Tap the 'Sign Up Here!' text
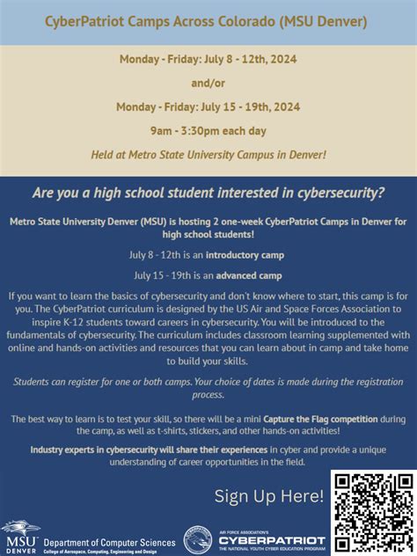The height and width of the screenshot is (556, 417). [269, 496]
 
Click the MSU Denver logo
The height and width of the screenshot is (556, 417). [20, 535]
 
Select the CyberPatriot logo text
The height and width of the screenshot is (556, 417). [272, 539]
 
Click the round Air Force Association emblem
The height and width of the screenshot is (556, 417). [197, 538]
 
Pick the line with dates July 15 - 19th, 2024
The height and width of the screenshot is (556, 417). [208, 107]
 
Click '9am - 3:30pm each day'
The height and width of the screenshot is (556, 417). [208, 130]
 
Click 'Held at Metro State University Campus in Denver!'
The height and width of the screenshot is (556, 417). [208, 155]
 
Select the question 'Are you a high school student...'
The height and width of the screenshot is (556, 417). [208, 192]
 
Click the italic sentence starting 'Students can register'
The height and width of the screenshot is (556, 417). [208, 386]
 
